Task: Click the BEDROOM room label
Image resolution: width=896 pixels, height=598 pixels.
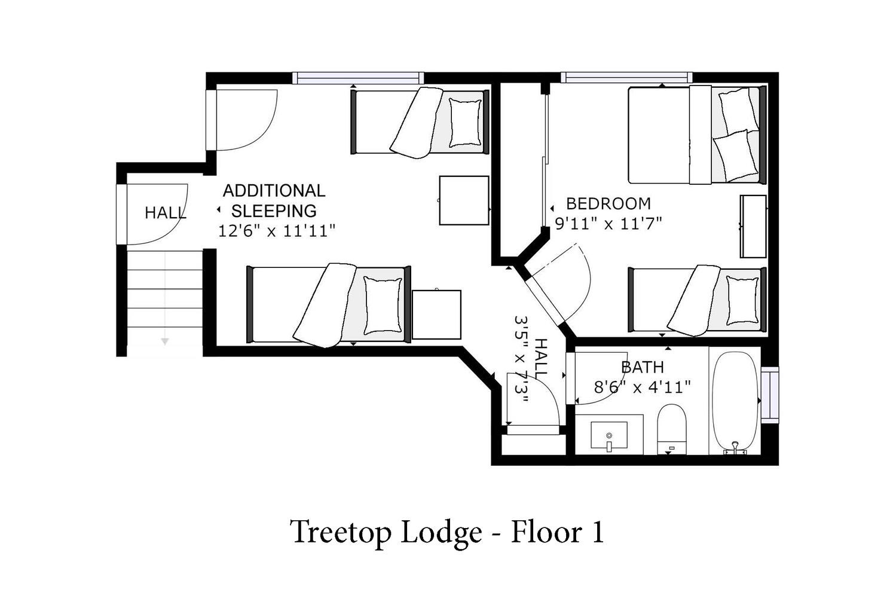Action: [x=608, y=204]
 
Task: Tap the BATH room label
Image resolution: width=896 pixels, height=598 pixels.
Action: [x=643, y=367]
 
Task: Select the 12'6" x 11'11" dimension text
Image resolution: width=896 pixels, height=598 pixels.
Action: [x=277, y=231]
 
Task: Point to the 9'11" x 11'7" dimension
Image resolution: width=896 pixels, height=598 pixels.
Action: [x=608, y=223]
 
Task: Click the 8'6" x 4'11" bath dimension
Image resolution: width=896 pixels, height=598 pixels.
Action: [x=643, y=387]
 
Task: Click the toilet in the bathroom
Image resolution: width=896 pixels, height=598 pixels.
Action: [x=672, y=429]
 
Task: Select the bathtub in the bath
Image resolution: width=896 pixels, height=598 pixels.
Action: [x=736, y=402]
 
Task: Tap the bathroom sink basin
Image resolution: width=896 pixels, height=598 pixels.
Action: [x=609, y=435]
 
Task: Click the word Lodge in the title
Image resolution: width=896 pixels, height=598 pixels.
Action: [x=442, y=533]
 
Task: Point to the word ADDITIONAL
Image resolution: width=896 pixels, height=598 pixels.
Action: [x=274, y=191]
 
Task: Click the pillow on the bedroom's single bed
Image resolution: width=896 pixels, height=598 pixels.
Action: [x=742, y=300]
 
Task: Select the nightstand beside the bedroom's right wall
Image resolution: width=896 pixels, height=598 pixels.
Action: [x=753, y=227]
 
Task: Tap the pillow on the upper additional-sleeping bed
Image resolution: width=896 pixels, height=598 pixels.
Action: [x=465, y=123]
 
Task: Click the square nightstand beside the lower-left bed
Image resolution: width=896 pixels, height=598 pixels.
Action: [x=436, y=315]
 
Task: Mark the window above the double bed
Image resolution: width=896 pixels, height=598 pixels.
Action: [x=626, y=77]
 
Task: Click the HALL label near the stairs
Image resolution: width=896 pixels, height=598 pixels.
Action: [x=166, y=213]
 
